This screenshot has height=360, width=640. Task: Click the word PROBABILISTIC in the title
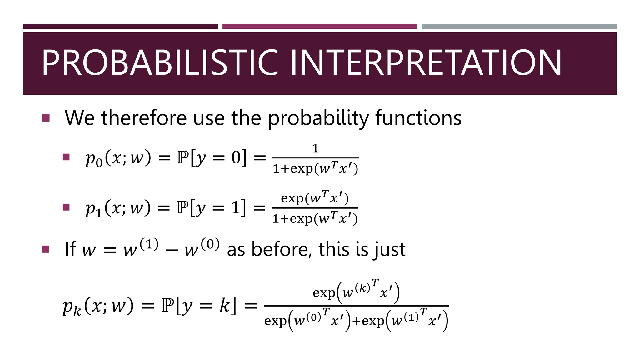(160, 63)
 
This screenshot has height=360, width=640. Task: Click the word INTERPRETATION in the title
(426, 63)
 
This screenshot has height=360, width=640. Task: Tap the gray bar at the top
(519, 27)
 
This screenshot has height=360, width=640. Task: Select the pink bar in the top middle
(319, 27)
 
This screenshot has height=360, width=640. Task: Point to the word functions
(418, 118)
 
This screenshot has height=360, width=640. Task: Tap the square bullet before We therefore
(46, 118)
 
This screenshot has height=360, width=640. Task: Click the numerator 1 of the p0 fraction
(315, 148)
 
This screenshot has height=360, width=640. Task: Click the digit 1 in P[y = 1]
(235, 207)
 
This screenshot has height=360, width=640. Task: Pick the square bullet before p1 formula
(66, 207)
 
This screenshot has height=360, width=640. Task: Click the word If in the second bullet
(70, 249)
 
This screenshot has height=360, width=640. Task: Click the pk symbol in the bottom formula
(72, 307)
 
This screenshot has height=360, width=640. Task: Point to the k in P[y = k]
(224, 306)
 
